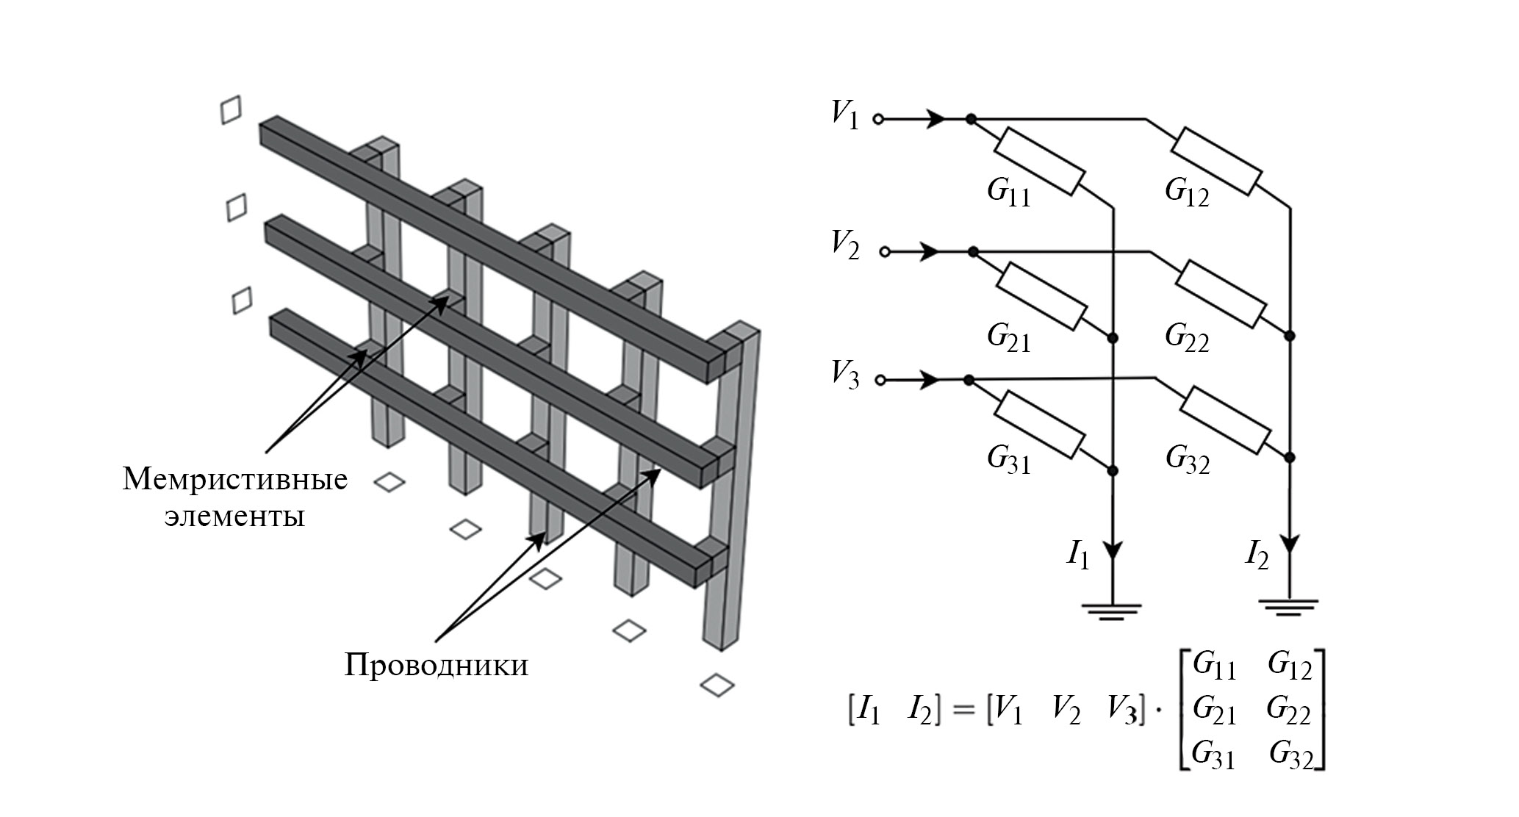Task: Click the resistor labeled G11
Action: pos(1039,162)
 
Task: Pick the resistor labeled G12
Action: pos(1216,162)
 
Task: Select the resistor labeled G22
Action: pos(1221,293)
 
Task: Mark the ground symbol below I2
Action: pos(1289,607)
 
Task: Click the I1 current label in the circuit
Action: pos(1078,557)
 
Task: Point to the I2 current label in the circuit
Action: pos(1256,556)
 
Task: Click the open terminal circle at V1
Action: pos(877,119)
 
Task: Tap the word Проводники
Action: pos(437,666)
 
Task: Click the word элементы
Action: pos(234,517)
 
